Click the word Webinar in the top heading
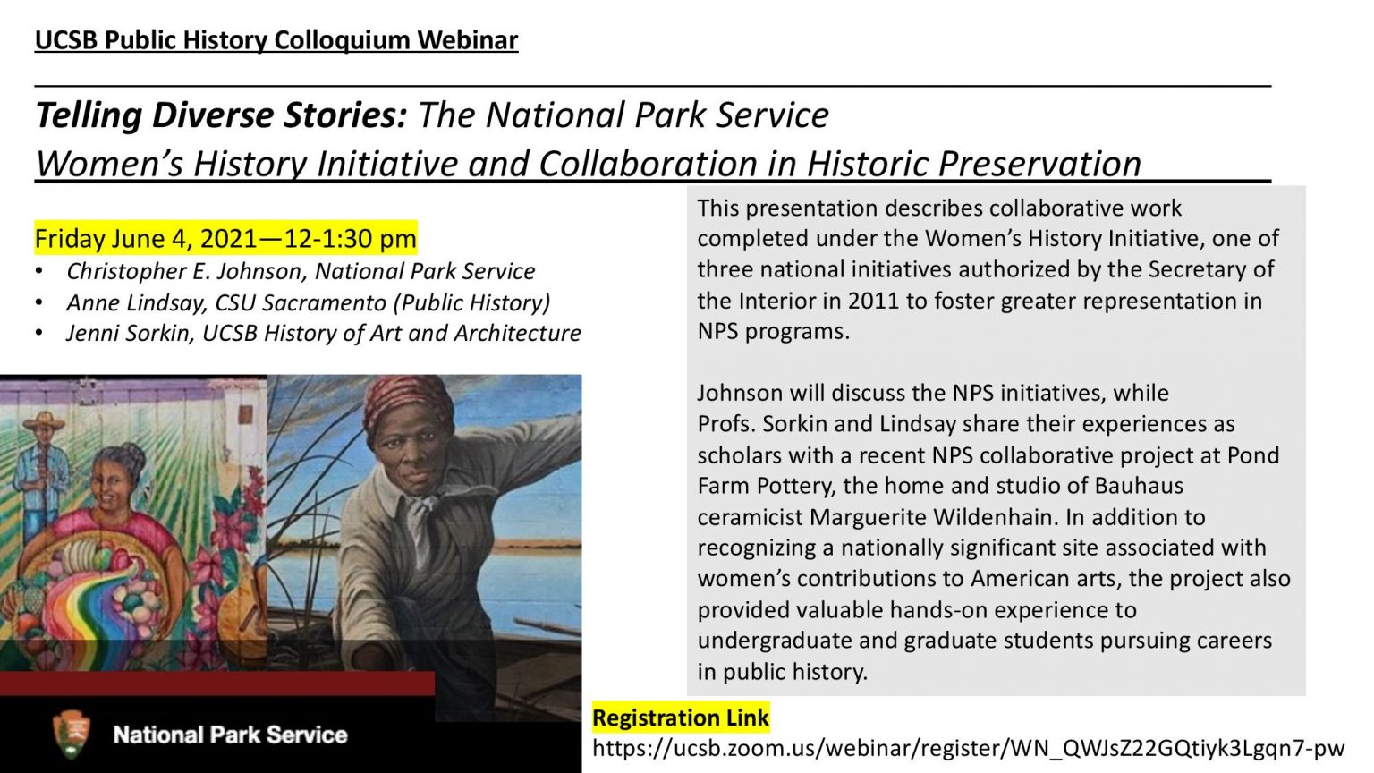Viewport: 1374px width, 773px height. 468,40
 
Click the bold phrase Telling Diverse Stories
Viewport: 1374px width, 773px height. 221,115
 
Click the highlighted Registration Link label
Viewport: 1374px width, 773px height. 680,718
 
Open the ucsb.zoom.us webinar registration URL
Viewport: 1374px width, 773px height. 969,749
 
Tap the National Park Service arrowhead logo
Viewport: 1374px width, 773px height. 72,735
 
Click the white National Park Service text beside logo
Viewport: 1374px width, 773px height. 230,735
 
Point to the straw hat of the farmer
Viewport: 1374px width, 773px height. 44,420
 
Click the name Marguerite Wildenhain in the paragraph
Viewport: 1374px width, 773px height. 933,517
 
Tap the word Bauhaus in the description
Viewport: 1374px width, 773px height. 1139,486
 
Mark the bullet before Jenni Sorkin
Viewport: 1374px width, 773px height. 39,333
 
